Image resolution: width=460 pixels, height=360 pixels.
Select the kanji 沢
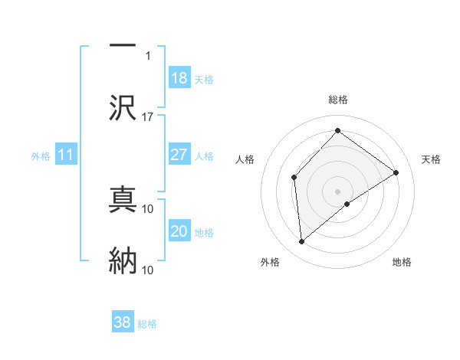[123, 107]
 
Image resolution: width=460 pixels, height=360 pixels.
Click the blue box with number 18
[179, 78]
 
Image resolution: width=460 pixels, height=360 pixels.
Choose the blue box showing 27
[179, 155]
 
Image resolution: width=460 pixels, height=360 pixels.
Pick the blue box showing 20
[179, 231]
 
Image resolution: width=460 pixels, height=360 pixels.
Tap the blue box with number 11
[66, 155]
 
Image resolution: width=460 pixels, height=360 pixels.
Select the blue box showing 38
[123, 322]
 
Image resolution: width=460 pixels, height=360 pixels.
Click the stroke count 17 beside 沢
[148, 117]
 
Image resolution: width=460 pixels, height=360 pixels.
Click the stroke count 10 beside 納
[148, 270]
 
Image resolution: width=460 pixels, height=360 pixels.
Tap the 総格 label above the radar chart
[338, 100]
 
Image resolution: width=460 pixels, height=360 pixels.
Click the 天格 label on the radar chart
[431, 159]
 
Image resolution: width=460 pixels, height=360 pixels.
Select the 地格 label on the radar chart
[402, 263]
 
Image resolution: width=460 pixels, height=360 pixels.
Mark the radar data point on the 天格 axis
[396, 172]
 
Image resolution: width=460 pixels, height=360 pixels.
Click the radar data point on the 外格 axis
[302, 242]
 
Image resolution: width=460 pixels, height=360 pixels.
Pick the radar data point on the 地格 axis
[347, 204]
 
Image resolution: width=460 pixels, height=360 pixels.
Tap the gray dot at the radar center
[338, 191]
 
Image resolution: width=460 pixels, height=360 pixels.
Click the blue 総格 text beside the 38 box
[147, 324]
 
